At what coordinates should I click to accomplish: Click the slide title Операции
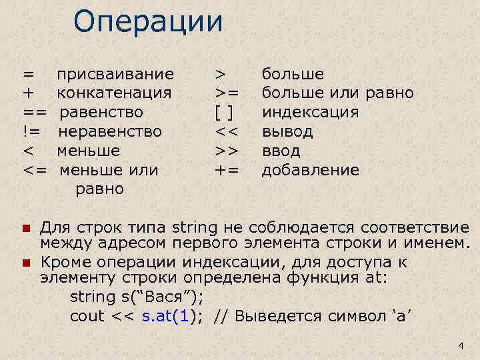click(x=148, y=21)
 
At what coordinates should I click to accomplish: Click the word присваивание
click(x=115, y=73)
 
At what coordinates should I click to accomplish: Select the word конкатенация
click(x=114, y=93)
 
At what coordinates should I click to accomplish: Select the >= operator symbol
click(x=227, y=93)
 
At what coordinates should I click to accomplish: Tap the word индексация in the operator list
click(x=310, y=112)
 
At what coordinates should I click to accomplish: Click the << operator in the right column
click(x=227, y=131)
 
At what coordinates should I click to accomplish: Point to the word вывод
click(x=287, y=131)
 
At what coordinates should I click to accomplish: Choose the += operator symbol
click(x=227, y=170)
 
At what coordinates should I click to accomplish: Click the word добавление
click(x=310, y=170)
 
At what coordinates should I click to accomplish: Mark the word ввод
click(x=281, y=151)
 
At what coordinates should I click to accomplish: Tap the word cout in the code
click(x=87, y=315)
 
